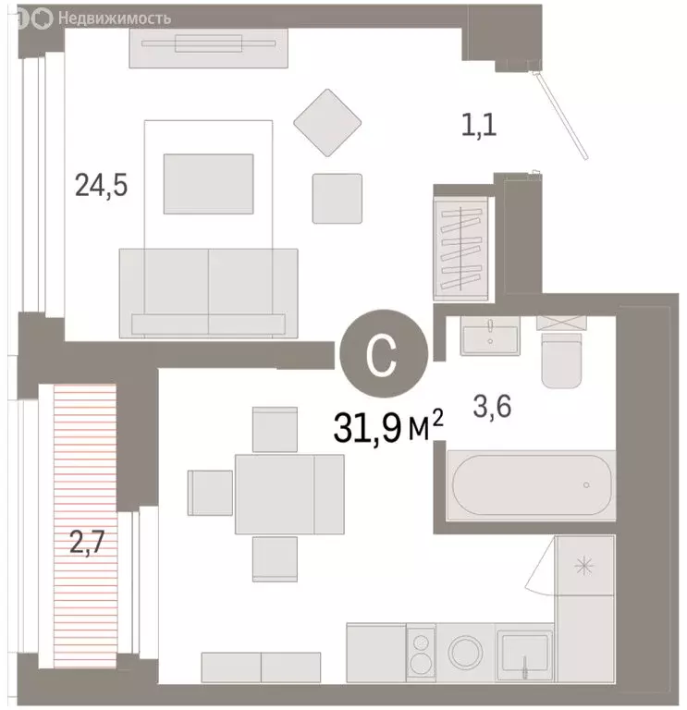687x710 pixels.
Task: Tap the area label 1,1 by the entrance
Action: click(479, 124)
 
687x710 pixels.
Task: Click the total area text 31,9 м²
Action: click(389, 428)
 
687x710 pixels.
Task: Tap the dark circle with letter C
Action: click(382, 354)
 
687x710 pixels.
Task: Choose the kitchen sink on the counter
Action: click(524, 655)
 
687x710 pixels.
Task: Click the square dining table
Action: click(275, 494)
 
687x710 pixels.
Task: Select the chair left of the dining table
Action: click(210, 492)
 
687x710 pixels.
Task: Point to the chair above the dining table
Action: click(275, 429)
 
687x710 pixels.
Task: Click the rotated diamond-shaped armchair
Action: click(326, 123)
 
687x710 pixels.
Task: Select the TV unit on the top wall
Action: click(212, 46)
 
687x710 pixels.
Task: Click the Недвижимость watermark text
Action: click(115, 17)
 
